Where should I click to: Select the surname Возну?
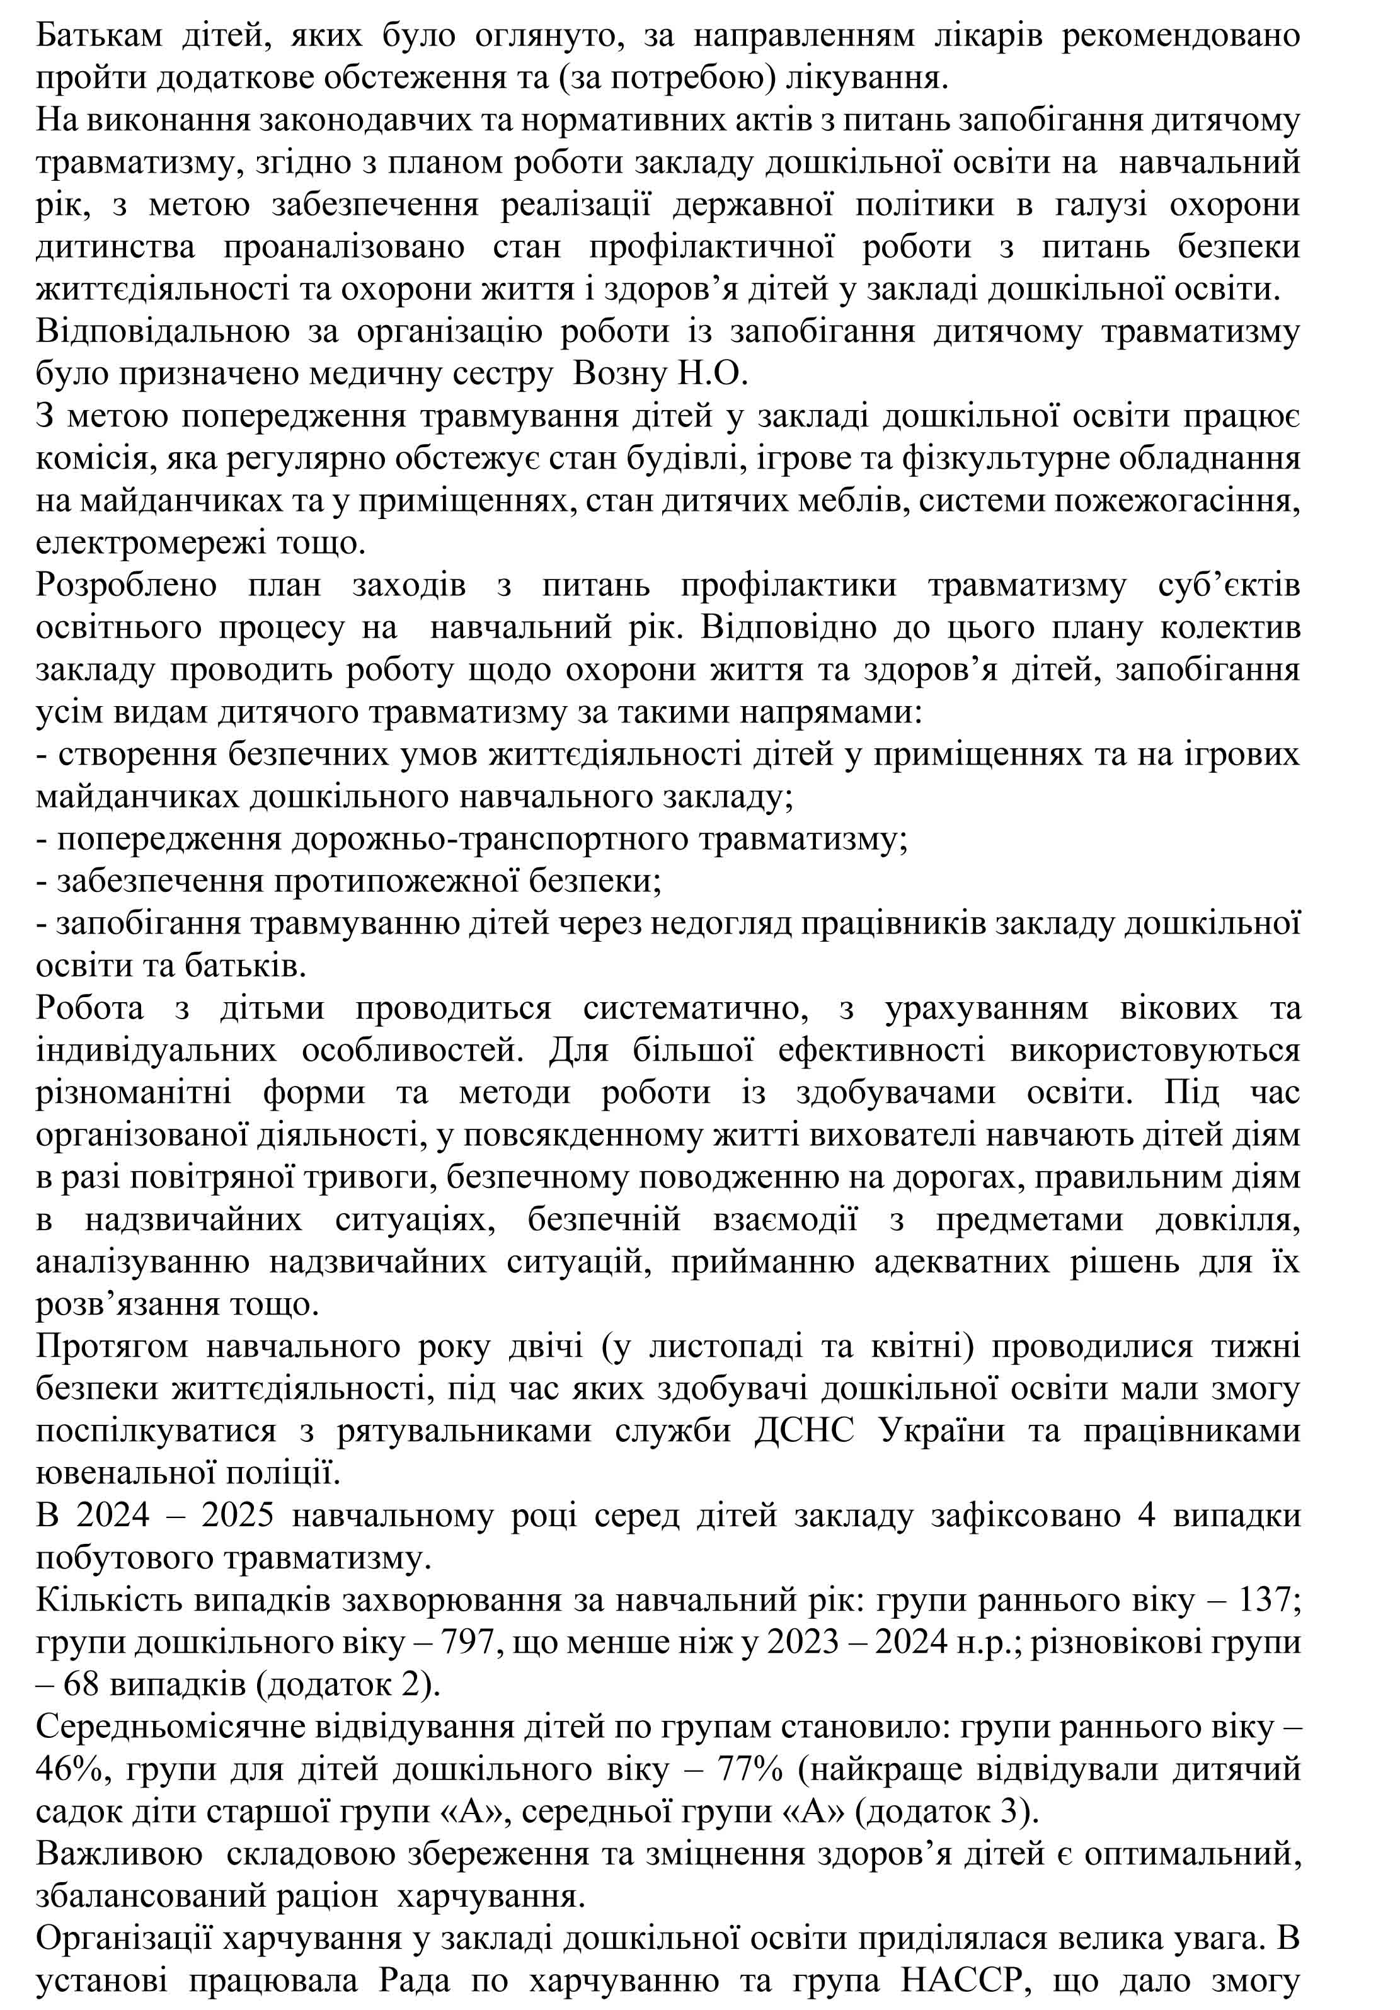tap(618, 374)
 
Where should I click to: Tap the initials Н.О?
tap(711, 374)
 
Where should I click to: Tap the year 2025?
tap(238, 1516)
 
